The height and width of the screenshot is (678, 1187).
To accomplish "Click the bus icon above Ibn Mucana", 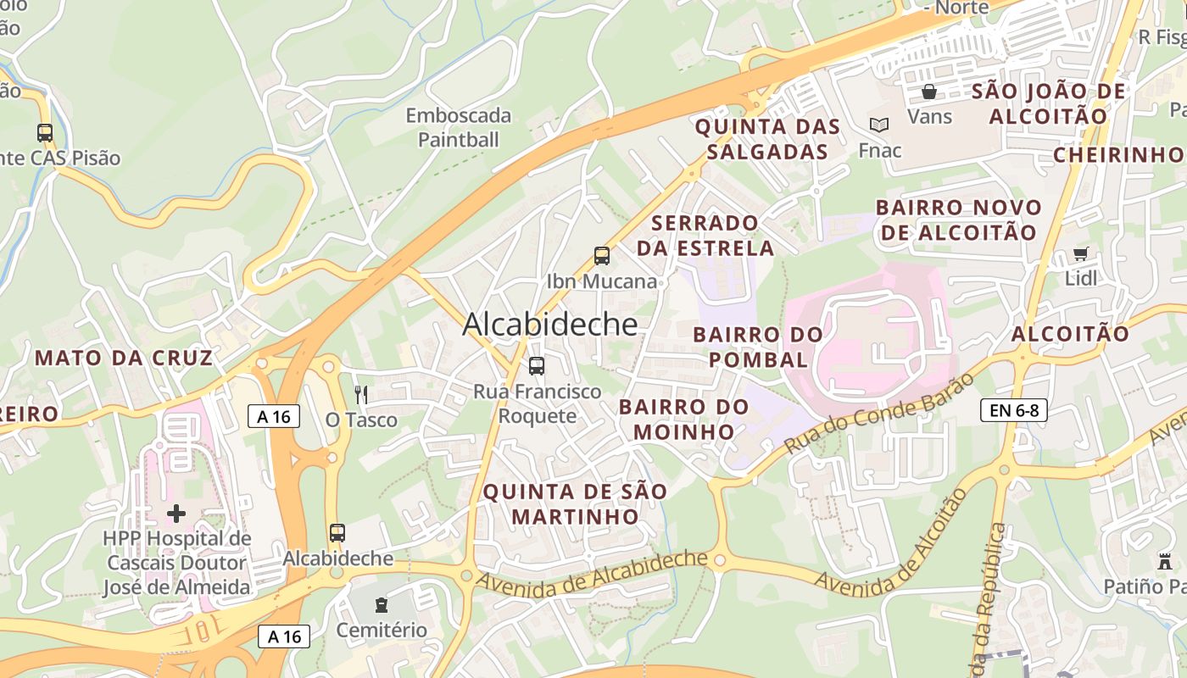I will click(x=602, y=255).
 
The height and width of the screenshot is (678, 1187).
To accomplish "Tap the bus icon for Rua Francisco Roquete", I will click(x=537, y=366).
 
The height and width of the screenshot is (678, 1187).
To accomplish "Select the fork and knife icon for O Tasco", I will click(x=361, y=395).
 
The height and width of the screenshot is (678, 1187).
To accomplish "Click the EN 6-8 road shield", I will click(x=1014, y=410).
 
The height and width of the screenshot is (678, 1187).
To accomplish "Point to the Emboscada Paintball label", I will click(x=459, y=127).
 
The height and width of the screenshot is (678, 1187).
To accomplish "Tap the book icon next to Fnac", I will click(x=879, y=125).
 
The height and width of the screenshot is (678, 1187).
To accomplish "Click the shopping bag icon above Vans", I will click(x=929, y=92).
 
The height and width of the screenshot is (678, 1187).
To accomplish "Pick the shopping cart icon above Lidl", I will click(x=1081, y=253).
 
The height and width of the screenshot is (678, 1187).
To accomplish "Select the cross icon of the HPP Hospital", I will click(x=176, y=513).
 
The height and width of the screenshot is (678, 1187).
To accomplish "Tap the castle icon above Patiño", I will click(x=1164, y=561).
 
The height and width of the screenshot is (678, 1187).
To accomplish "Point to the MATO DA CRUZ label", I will click(x=124, y=358).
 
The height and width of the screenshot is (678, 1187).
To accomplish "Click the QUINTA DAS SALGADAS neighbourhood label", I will click(x=767, y=139).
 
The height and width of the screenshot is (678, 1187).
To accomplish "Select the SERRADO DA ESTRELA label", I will click(x=705, y=235).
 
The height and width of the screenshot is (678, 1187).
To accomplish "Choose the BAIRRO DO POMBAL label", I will click(x=758, y=347).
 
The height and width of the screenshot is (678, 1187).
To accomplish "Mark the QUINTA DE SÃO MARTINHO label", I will click(x=575, y=503).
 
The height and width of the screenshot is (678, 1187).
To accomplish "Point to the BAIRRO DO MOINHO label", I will click(x=683, y=419).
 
